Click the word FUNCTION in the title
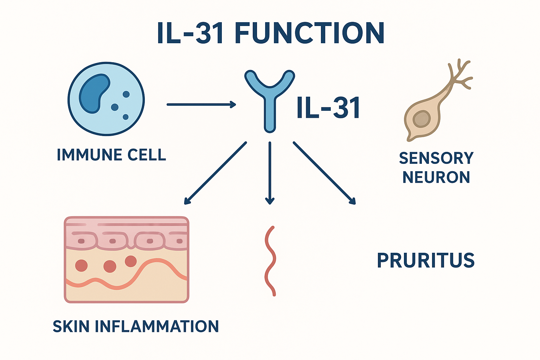[309, 33]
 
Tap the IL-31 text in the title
[190, 33]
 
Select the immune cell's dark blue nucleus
[94, 94]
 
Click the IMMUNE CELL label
[111, 155]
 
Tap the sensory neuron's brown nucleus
[422, 119]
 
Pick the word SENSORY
[436, 158]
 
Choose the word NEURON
[436, 177]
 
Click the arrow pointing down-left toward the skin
[215, 173]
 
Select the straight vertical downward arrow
[270, 173]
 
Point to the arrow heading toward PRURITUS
[324, 173]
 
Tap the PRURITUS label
[426, 261]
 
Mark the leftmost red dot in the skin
[82, 265]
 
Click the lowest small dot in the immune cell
[126, 117]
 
